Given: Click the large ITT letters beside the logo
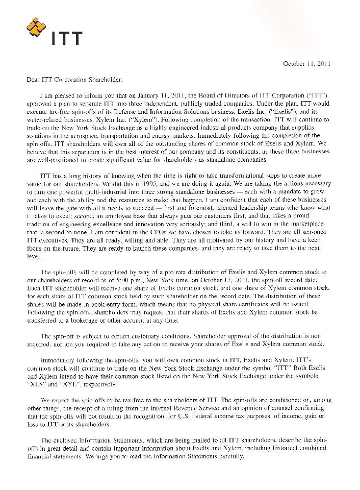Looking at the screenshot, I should tap(67, 38).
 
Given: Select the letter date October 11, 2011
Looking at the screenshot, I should tap(307, 64).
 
